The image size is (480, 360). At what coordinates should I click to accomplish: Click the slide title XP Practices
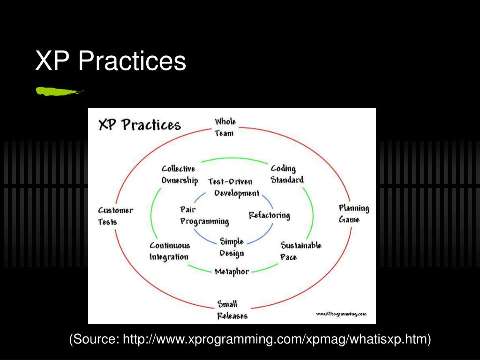[111, 61]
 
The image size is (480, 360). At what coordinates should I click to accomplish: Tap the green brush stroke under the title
[59, 91]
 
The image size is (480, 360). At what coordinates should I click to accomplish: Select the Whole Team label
[225, 127]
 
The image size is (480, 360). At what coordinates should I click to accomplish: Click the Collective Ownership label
[180, 174]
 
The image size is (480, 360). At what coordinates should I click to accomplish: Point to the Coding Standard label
[287, 174]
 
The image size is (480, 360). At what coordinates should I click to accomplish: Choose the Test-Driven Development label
[233, 187]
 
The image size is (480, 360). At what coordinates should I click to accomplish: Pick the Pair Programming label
[204, 215]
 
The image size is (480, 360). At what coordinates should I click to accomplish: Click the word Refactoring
[269, 215]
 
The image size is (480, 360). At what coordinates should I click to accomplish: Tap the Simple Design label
[232, 247]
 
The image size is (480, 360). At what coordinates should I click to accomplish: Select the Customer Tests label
[115, 216]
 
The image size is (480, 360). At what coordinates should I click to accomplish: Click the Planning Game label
[353, 214]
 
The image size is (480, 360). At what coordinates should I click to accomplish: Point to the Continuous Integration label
[169, 251]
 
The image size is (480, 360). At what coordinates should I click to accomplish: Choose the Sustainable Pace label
[300, 251]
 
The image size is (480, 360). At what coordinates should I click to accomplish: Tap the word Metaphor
[232, 271]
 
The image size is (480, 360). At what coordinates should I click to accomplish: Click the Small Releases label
[232, 310]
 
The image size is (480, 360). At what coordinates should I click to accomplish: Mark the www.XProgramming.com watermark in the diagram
[341, 314]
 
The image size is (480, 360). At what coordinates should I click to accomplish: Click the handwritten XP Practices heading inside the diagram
[139, 125]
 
